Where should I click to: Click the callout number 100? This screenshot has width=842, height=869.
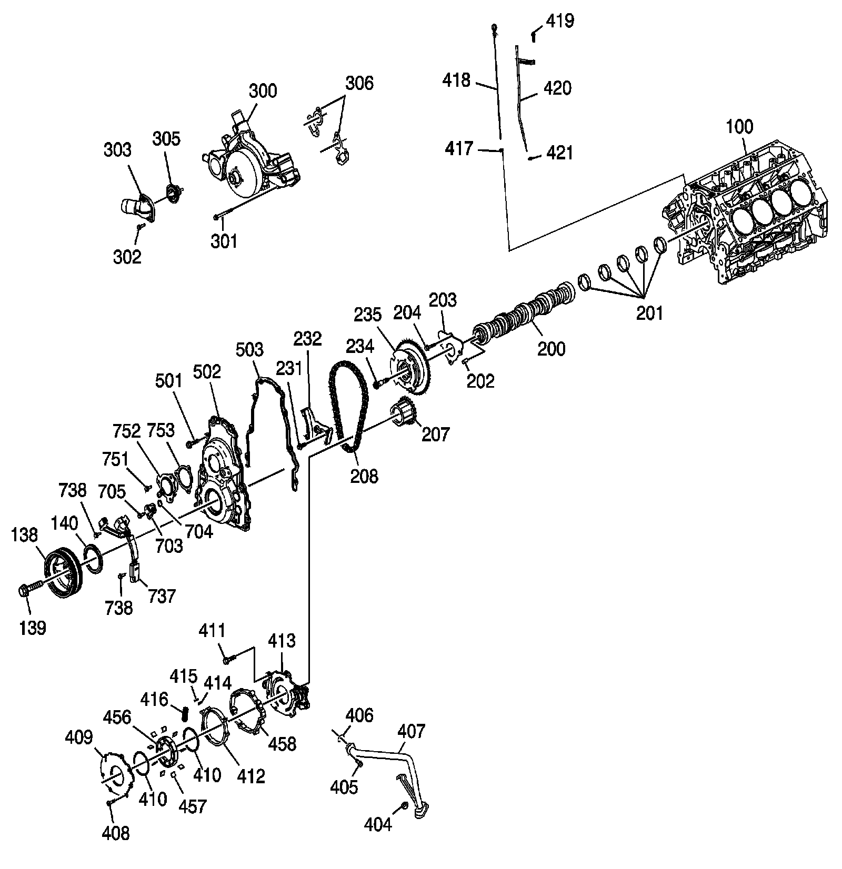[739, 127]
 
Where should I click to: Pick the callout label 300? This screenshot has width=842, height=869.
[263, 90]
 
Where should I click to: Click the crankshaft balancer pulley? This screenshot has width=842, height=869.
[62, 573]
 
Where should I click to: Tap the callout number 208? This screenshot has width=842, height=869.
[365, 476]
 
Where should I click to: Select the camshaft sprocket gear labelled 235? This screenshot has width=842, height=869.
[410, 368]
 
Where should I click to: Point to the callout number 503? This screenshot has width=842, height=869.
[250, 350]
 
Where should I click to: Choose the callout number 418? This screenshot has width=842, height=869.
[456, 80]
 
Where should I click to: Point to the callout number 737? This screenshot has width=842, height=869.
[162, 597]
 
